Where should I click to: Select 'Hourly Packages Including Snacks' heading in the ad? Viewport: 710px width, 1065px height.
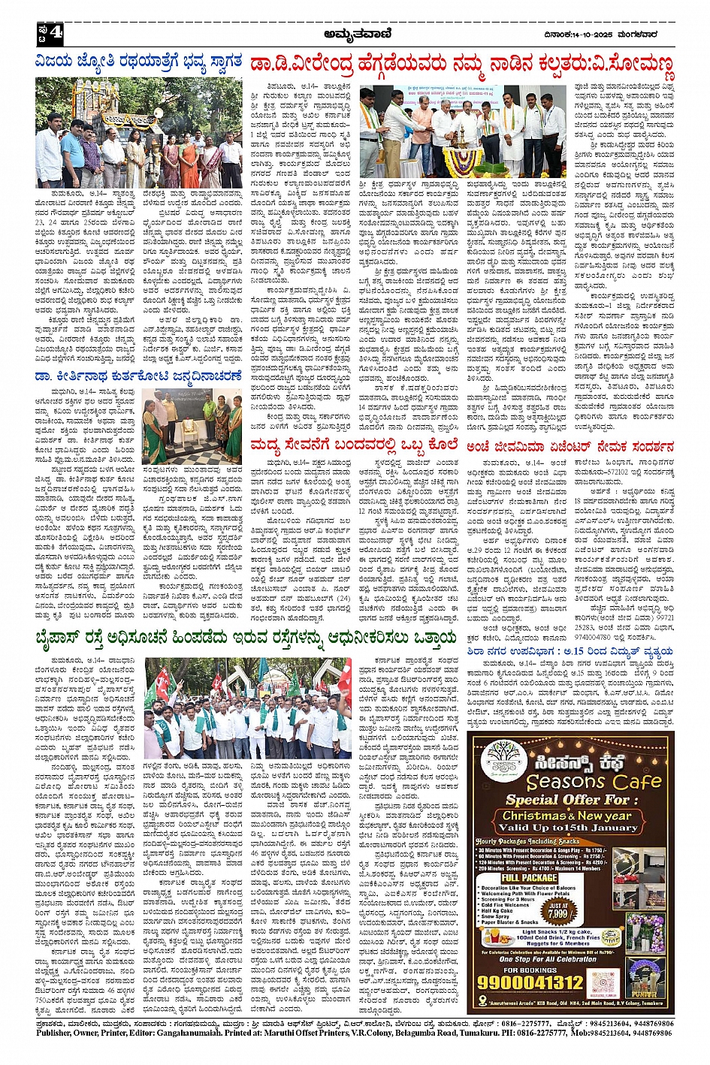point(527,842)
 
